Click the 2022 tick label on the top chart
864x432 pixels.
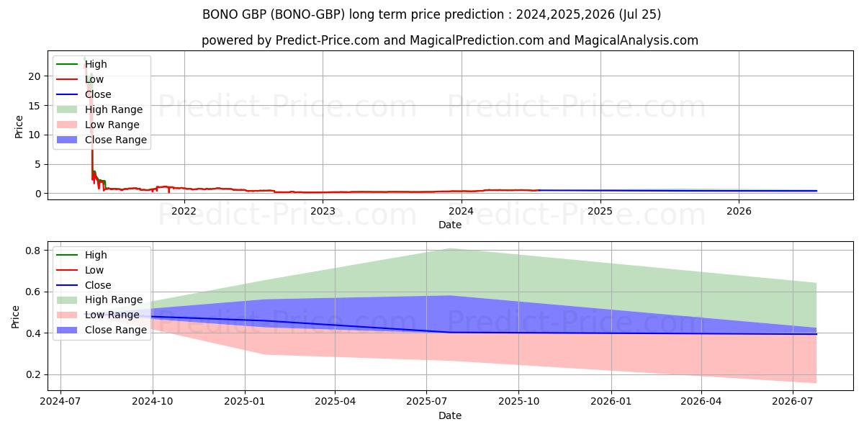[184, 211]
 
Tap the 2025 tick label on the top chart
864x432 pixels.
[600, 211]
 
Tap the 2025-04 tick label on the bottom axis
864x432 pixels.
[335, 402]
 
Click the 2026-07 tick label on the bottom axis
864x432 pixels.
[792, 402]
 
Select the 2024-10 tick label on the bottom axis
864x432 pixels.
[153, 402]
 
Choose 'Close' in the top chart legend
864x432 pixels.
[98, 94]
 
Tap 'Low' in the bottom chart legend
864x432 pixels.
[94, 270]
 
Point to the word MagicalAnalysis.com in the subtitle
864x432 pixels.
[633, 40]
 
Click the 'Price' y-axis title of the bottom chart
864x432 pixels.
[16, 316]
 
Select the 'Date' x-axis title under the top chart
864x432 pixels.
[449, 225]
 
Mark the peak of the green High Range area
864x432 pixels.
[451, 249]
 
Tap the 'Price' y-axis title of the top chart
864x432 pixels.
[19, 126]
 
